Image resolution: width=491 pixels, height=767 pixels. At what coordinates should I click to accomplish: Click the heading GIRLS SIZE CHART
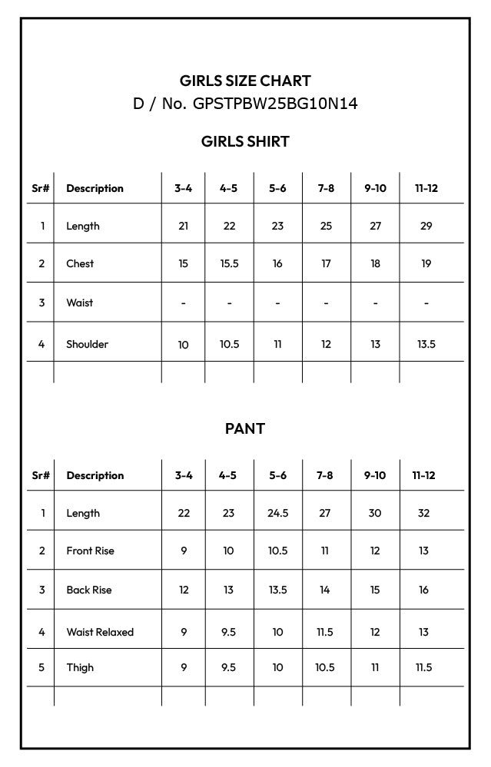tap(245, 81)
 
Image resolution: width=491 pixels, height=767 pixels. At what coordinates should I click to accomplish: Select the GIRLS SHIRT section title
tap(245, 141)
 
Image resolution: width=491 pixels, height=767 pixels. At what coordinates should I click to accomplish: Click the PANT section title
tap(245, 428)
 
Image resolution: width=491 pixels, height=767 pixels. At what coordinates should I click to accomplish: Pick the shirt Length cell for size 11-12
tap(426, 226)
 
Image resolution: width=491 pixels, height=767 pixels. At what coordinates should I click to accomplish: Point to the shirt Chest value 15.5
tap(229, 263)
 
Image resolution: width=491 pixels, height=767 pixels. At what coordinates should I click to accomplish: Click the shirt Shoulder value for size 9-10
tap(375, 344)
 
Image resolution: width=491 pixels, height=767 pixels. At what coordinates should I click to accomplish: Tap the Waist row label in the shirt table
tap(79, 303)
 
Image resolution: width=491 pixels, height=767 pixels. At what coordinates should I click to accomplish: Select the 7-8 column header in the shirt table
tap(326, 188)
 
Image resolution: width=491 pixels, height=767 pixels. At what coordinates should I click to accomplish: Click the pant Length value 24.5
tap(277, 513)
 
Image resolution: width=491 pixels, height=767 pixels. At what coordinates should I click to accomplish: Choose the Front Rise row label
tap(89, 550)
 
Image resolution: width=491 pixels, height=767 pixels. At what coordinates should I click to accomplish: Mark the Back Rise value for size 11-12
tap(423, 590)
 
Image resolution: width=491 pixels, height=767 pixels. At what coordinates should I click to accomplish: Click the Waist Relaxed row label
tap(100, 632)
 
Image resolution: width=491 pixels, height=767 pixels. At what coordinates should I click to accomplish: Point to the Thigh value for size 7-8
tap(325, 667)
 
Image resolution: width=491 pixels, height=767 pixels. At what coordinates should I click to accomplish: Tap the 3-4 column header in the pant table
tap(184, 475)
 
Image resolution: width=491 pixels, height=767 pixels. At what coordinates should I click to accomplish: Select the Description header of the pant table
tap(95, 475)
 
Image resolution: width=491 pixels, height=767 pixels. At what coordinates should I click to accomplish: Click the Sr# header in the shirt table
tap(41, 188)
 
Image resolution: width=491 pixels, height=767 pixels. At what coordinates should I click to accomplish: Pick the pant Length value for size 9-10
tap(375, 513)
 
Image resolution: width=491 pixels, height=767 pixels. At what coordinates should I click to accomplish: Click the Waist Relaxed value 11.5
tap(325, 632)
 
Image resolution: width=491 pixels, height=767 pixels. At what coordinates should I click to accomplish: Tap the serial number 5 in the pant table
tap(41, 667)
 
